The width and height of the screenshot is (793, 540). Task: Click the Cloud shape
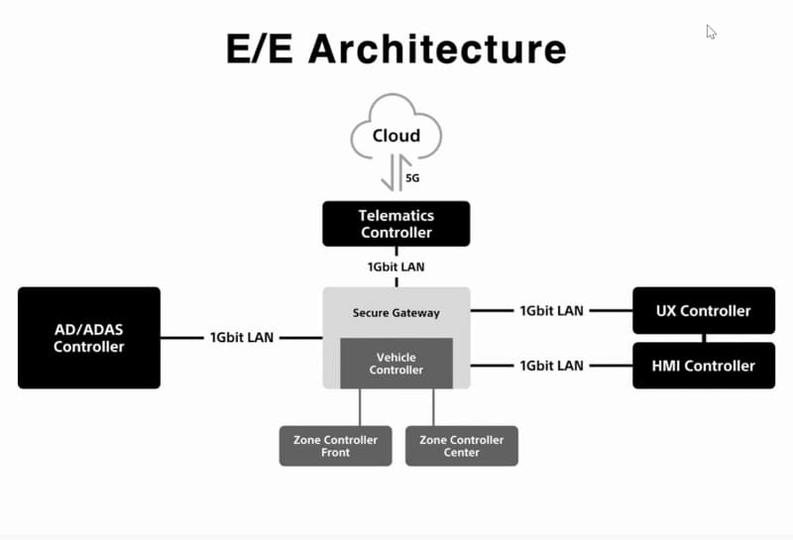[396, 129]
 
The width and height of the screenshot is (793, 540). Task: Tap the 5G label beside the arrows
[413, 178]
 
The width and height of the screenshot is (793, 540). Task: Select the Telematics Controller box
[396, 224]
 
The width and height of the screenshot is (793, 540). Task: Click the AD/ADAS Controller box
[89, 338]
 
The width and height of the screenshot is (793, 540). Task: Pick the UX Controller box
[704, 311]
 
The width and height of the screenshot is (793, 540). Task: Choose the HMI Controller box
[704, 366]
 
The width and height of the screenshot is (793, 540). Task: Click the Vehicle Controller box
[396, 364]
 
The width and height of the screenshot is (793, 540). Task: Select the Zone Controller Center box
[462, 446]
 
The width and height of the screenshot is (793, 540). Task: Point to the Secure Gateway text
[396, 313]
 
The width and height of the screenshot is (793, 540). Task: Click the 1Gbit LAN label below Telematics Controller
[396, 267]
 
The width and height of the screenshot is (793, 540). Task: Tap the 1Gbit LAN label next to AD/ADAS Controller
[242, 338]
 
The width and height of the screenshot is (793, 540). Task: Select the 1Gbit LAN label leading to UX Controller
[551, 311]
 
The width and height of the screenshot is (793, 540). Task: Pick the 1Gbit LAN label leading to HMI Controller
[551, 366]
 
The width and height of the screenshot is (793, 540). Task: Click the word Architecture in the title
[437, 49]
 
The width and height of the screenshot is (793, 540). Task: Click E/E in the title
[261, 49]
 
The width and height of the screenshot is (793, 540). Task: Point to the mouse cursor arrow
[710, 31]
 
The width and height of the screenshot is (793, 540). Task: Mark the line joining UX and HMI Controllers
[705, 338]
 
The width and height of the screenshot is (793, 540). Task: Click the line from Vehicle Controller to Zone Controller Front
[360, 407]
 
